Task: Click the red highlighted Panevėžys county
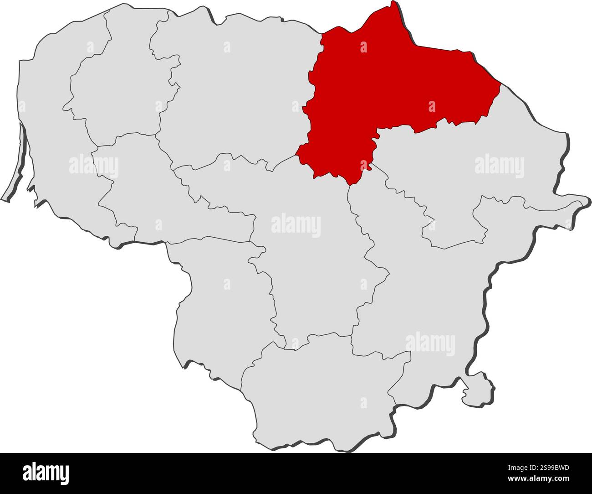pyautogui.click(x=392, y=91)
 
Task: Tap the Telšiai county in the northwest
pyautogui.click(x=114, y=91)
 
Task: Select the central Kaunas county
pyautogui.click(x=310, y=274)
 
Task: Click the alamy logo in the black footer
pyautogui.click(x=46, y=473)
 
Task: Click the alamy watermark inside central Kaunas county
pyautogui.click(x=296, y=225)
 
